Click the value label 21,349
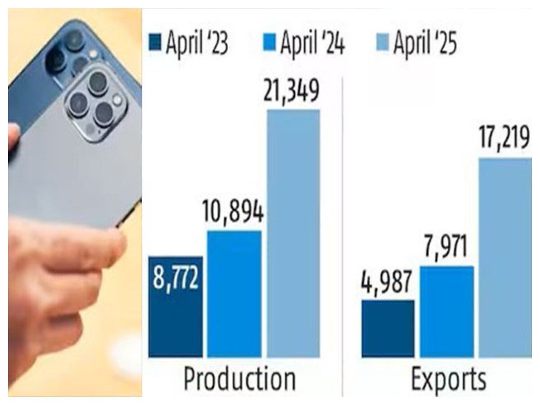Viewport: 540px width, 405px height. [292, 90]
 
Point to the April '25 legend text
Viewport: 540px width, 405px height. [425, 44]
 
